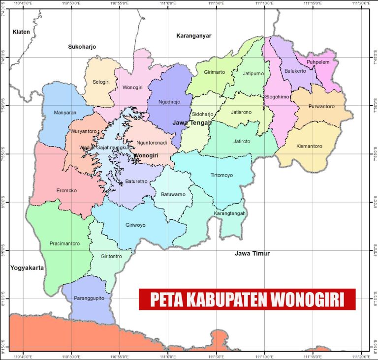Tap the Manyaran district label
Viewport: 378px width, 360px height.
point(65,113)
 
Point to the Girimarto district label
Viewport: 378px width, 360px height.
point(214,72)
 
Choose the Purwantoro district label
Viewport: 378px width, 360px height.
point(321,106)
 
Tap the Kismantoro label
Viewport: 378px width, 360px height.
point(310,146)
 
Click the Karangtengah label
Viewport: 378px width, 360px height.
point(230,213)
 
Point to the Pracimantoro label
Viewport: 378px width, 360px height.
point(64,243)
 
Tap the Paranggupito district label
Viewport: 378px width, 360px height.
point(90,299)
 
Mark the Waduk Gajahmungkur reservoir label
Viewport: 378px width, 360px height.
point(103,147)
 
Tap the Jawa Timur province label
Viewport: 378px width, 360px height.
point(252,254)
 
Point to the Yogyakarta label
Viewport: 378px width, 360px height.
point(27,268)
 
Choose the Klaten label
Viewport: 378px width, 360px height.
point(21,32)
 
